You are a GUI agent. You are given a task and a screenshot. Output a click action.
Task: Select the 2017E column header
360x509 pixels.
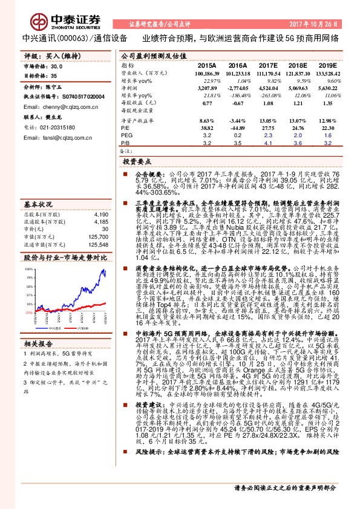[267, 65]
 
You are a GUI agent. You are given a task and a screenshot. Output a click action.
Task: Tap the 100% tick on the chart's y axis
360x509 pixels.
[29, 268]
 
